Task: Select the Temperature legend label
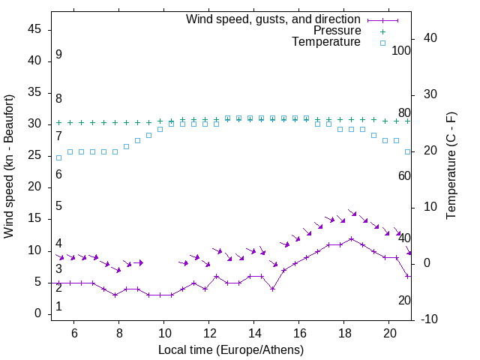click(x=326, y=43)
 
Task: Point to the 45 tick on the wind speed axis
click(x=35, y=29)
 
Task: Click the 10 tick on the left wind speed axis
click(x=35, y=250)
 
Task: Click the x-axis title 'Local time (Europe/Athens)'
click(x=231, y=349)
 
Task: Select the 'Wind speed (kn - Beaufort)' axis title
click(x=9, y=166)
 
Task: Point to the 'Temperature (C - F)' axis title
click(x=451, y=166)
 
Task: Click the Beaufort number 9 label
click(x=58, y=55)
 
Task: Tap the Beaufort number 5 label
click(x=58, y=206)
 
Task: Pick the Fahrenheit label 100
click(x=402, y=51)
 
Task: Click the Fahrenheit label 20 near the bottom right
click(x=404, y=300)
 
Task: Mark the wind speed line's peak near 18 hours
click(x=351, y=238)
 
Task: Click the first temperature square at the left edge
click(x=59, y=157)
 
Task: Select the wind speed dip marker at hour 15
click(x=273, y=289)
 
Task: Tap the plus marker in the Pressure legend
click(x=382, y=31)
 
